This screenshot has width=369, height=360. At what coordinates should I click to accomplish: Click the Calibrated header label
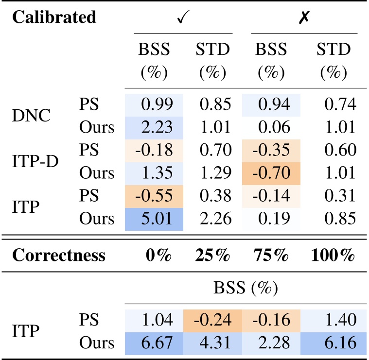54,18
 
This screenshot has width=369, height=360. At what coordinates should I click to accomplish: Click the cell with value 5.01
154,219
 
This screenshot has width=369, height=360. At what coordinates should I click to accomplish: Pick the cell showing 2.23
154,127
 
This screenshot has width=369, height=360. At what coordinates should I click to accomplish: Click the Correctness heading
58,256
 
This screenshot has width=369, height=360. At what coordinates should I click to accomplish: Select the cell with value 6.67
154,343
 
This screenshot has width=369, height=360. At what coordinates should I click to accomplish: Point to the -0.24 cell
213,320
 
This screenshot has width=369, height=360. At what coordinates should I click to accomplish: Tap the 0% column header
154,256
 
